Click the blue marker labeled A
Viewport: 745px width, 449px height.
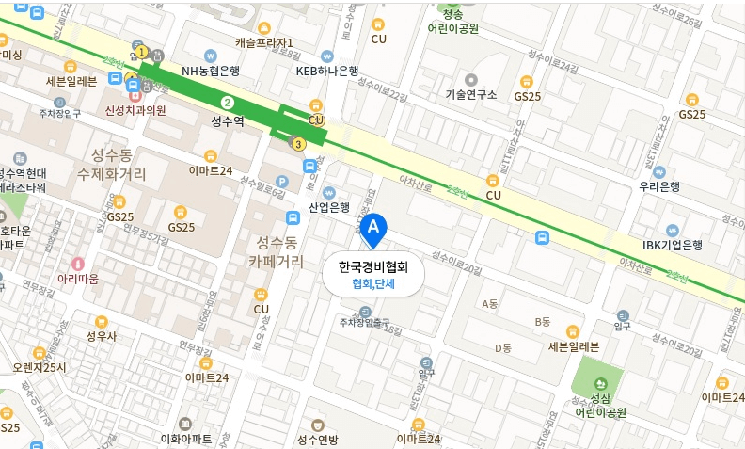tap(374, 228)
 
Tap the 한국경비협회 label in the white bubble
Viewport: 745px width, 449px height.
tap(372, 267)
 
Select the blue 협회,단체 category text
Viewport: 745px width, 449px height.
tap(372, 284)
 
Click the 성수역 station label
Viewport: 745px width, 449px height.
tap(227, 120)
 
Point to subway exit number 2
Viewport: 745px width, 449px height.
tap(226, 102)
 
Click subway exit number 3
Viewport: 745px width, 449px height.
tap(299, 144)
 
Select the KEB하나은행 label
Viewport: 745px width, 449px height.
tap(327, 70)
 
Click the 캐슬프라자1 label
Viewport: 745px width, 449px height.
tap(264, 42)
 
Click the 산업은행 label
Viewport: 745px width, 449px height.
tap(329, 207)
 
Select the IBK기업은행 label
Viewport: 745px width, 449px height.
tap(673, 245)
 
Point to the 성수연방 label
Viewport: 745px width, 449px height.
tap(317, 439)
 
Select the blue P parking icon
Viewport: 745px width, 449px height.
tap(281, 182)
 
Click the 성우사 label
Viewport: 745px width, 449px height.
tap(101, 335)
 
